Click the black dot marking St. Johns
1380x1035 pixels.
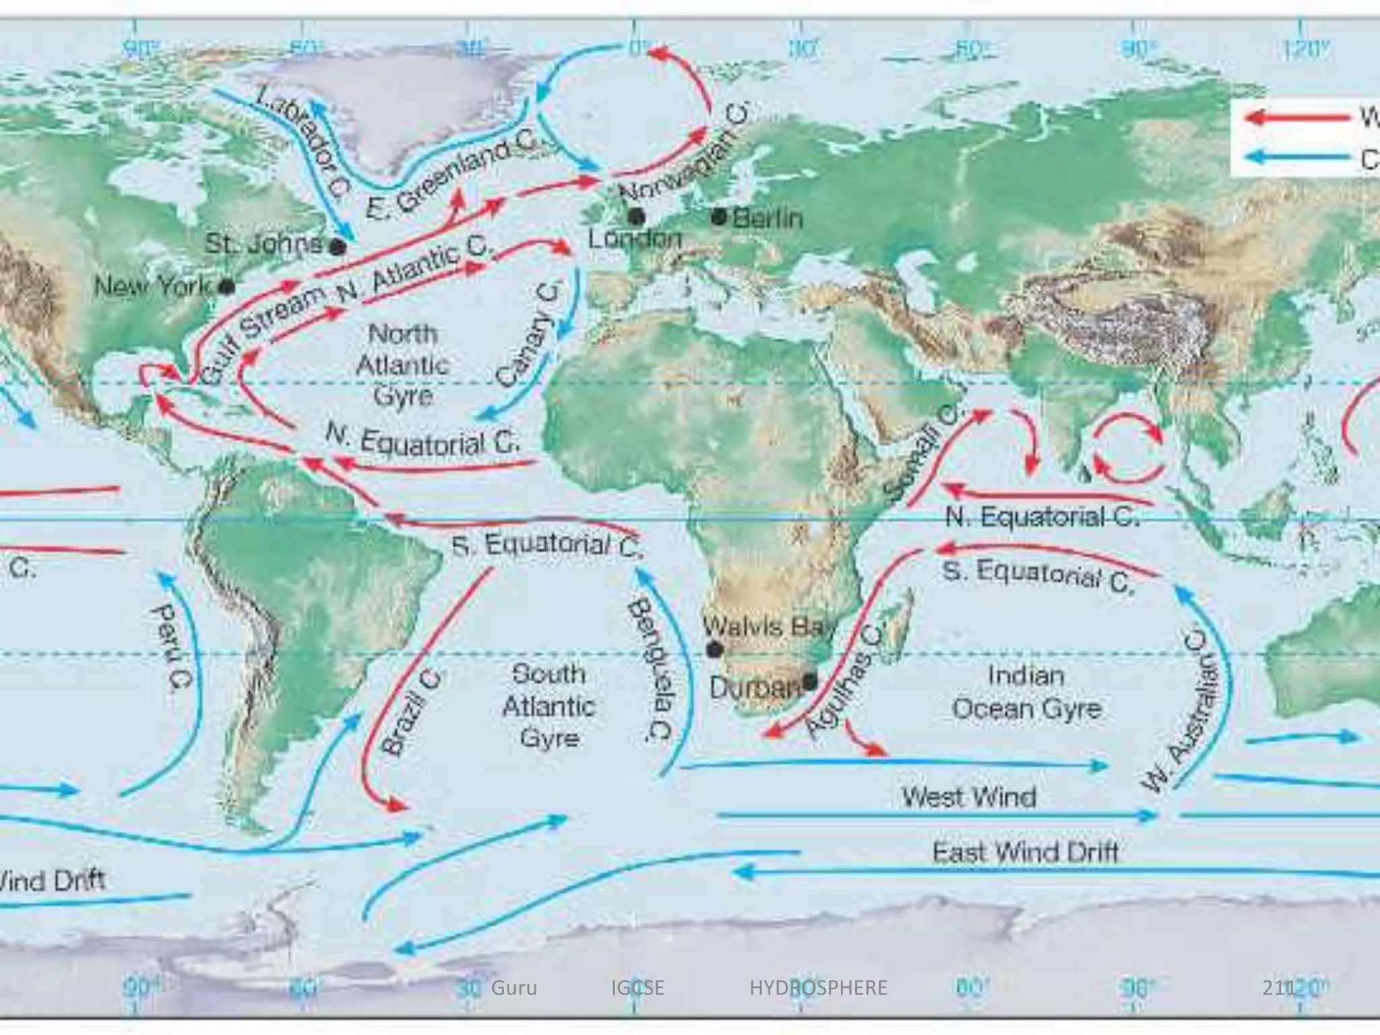pyautogui.click(x=338, y=247)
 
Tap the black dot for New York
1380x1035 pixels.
pyautogui.click(x=228, y=287)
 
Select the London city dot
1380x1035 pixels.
pyautogui.click(x=636, y=217)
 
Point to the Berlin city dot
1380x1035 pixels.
pyautogui.click(x=720, y=217)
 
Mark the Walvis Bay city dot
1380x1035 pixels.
pyautogui.click(x=714, y=650)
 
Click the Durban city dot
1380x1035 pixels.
pyautogui.click(x=809, y=681)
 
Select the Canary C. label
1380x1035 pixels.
pyautogui.click(x=529, y=335)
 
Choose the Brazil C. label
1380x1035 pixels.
pyautogui.click(x=412, y=711)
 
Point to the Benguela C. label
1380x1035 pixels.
pyautogui.click(x=650, y=670)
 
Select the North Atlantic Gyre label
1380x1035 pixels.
pyautogui.click(x=402, y=365)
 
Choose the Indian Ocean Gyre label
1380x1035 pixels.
pyautogui.click(x=1027, y=692)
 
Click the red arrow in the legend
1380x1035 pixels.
pyautogui.click(x=1297, y=119)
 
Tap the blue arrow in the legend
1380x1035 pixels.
pyautogui.click(x=1297, y=157)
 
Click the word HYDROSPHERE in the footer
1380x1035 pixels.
pyautogui.click(x=818, y=988)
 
